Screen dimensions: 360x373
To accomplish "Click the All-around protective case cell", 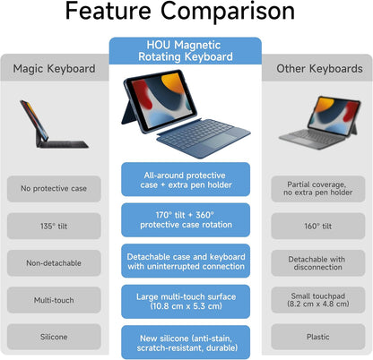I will tap(186, 179).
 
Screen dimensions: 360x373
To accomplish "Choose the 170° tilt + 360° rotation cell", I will tap(186, 219).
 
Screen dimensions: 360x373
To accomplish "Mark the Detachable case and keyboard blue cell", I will tap(186, 261).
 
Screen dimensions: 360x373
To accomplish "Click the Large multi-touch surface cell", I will tap(186, 301).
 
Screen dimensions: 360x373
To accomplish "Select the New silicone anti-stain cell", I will tap(186, 341).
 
